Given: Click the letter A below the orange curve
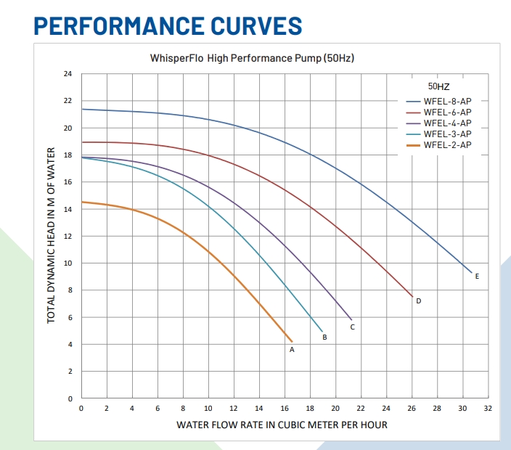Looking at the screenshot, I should (x=292, y=349).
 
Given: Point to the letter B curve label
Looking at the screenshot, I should (x=324, y=337).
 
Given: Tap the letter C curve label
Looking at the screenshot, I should (x=352, y=327).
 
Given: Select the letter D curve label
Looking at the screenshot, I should (x=419, y=300).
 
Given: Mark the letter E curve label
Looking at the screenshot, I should (x=477, y=277).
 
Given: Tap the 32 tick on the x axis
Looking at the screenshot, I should (x=488, y=409).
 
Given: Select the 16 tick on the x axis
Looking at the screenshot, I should (x=285, y=409).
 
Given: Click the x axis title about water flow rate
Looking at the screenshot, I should (x=282, y=425).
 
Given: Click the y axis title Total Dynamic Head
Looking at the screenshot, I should (x=51, y=236).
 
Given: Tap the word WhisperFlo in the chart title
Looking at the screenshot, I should (x=176, y=57).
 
